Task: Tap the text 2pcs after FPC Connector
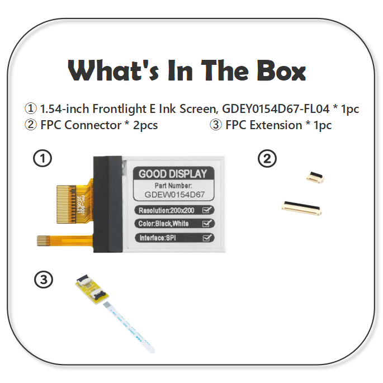[x=141, y=125]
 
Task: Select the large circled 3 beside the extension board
[x=44, y=279]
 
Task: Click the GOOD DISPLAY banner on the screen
[x=173, y=174]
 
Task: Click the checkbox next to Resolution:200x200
[x=207, y=210]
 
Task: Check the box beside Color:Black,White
[x=207, y=224]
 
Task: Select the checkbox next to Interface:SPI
[x=207, y=238]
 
